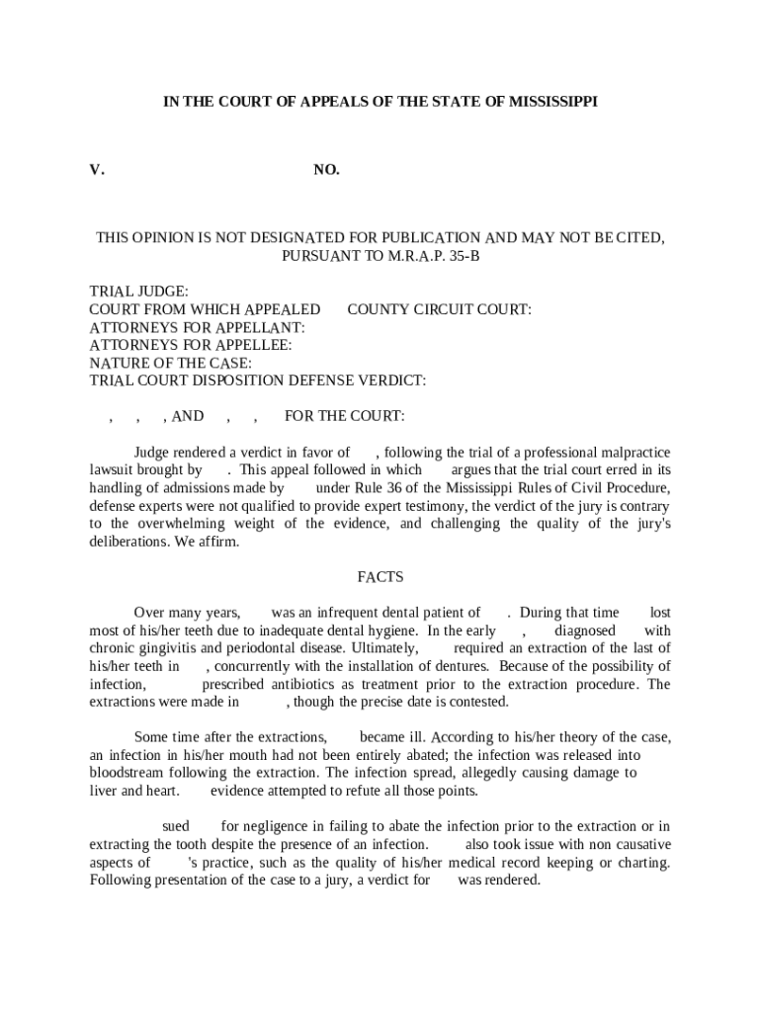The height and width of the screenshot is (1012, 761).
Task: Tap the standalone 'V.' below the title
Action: [x=96, y=170]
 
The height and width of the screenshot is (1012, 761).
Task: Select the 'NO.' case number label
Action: [x=326, y=170]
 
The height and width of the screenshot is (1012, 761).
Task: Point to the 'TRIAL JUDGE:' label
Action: [x=138, y=292]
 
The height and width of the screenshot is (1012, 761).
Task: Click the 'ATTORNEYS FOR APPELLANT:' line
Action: [x=197, y=327]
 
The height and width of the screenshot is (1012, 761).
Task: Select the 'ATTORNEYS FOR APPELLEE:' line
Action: [x=191, y=345]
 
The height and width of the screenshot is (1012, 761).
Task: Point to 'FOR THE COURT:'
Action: [x=344, y=416]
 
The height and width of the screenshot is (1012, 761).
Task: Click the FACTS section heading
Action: [x=380, y=577]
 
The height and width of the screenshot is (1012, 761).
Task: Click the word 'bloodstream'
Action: [x=128, y=772]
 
